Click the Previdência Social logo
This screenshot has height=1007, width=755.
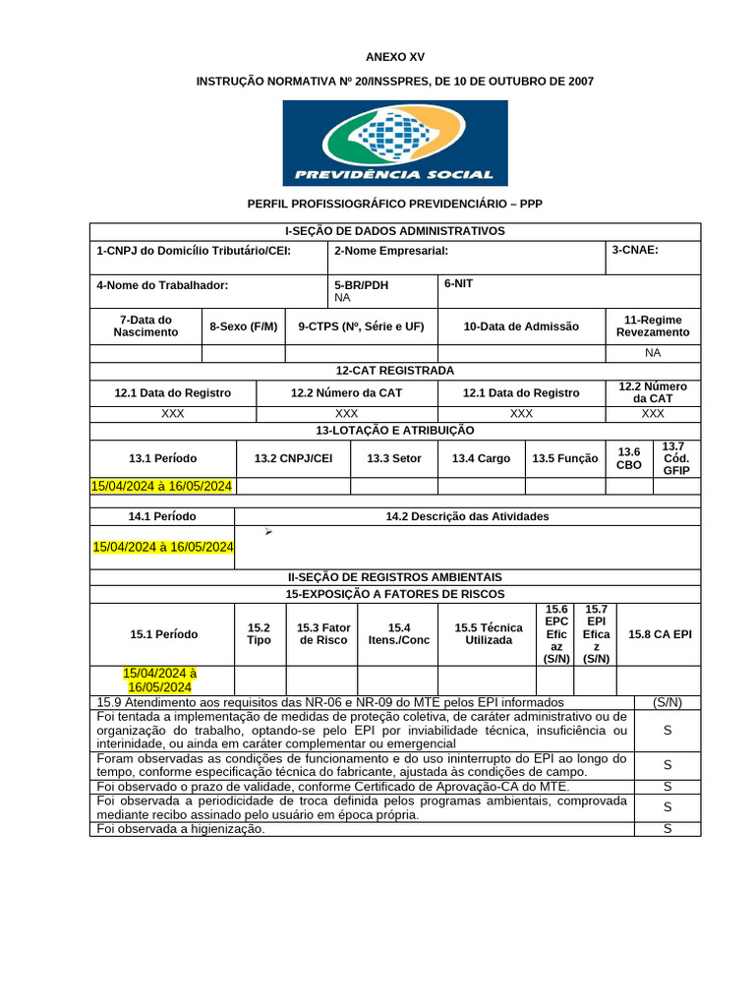pos(395,143)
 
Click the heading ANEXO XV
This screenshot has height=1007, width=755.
pos(395,57)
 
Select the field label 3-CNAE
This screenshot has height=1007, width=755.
pos(635,250)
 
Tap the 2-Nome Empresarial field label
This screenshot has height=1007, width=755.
pos(391,251)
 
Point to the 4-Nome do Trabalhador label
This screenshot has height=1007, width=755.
pos(162,285)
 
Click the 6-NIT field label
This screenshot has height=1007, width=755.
pos(460,283)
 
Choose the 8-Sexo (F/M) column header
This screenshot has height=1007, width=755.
pos(243,326)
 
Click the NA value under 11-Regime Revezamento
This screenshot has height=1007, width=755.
pos(653,352)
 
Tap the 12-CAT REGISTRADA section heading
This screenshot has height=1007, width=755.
pos(395,371)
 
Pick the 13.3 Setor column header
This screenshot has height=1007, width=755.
pos(393,458)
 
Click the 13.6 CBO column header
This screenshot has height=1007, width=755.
pos(629,458)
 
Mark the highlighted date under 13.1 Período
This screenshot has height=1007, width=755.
pos(162,486)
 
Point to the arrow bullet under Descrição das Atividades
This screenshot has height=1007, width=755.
pos(268,532)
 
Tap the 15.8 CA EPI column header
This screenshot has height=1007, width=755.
pos(660,634)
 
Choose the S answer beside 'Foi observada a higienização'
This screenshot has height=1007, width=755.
pos(668,829)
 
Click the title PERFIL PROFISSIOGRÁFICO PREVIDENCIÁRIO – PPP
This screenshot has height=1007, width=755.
pos(395,204)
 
